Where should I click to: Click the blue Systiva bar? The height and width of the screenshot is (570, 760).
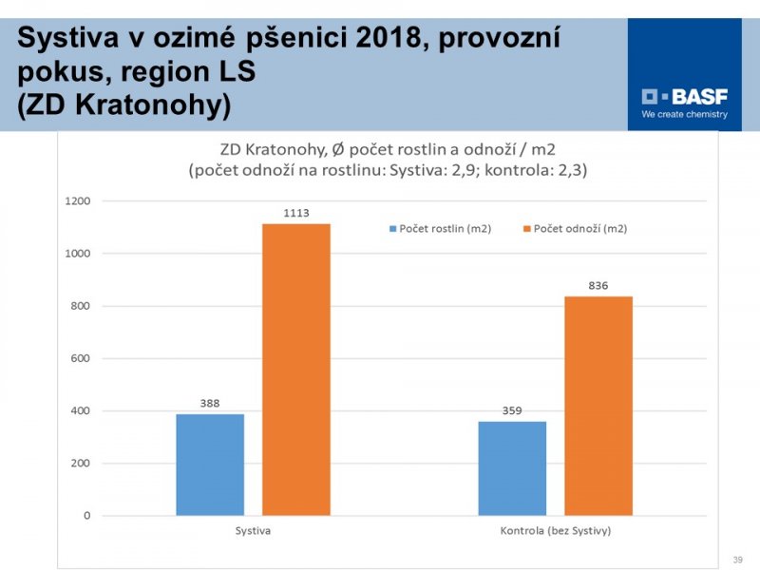tap(210, 465)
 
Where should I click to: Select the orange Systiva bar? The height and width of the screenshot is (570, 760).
tap(296, 370)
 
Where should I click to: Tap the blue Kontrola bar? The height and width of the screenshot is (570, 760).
tap(512, 468)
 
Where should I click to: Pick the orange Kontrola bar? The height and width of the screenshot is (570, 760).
tap(598, 406)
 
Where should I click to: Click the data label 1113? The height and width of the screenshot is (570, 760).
tap(296, 214)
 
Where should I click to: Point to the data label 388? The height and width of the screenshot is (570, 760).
tap(210, 403)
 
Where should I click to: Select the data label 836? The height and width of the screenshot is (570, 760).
tap(598, 286)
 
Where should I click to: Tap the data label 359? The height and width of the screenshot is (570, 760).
tap(512, 410)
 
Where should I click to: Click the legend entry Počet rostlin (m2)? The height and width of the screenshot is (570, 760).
tap(439, 229)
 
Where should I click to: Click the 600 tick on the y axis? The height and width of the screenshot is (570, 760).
tap(81, 359)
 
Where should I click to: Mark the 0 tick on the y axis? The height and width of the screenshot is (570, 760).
tap(86, 516)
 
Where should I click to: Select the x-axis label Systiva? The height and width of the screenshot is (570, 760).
tap(253, 530)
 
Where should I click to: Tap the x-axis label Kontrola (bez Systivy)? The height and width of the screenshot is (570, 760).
tap(556, 530)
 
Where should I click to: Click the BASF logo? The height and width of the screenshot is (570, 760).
tap(684, 96)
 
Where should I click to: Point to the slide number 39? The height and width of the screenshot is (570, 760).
tap(737, 560)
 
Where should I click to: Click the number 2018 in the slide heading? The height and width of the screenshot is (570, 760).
tap(387, 39)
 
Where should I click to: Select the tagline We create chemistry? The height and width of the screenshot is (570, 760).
tap(684, 115)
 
